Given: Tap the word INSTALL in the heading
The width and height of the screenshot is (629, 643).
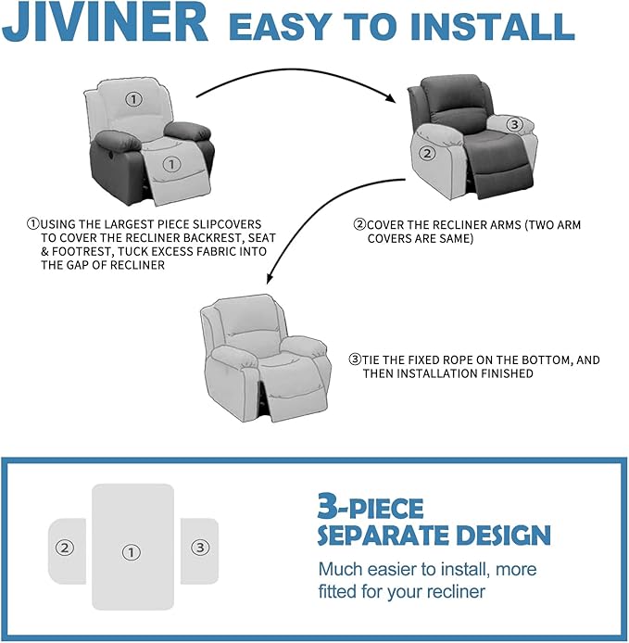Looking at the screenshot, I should (499, 28).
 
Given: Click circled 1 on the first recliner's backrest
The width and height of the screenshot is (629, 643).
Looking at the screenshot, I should (134, 99).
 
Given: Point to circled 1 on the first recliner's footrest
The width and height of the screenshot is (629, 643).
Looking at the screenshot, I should (170, 164).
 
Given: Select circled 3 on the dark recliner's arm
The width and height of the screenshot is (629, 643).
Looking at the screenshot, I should (515, 124).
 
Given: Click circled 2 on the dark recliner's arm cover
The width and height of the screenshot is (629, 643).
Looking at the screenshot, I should (427, 154).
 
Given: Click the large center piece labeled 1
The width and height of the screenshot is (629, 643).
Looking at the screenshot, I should (132, 547).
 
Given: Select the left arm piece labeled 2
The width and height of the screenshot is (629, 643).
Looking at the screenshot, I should (66, 548).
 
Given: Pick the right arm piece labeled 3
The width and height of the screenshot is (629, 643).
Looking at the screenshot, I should (199, 548).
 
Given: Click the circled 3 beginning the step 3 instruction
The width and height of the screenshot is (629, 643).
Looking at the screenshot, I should (354, 359).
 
